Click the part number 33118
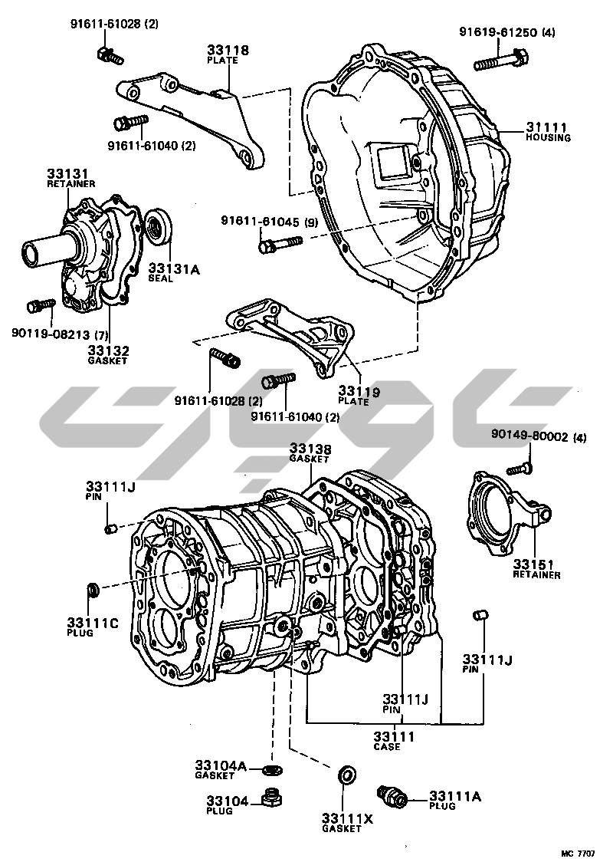pos(228,52)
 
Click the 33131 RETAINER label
pos(70,178)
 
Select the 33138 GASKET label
pos(310,452)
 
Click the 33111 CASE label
pos(393,740)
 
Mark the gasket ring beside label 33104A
pos(269,769)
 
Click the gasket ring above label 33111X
pos(346,775)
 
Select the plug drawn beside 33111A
pos(392,795)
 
